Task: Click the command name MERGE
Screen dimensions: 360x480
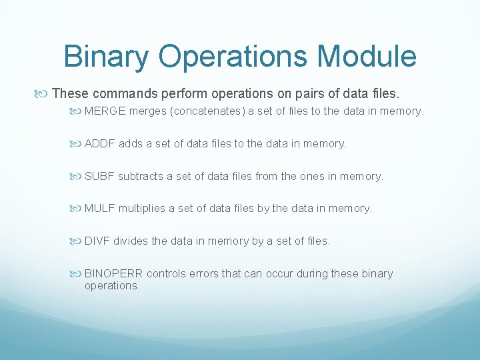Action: (105, 111)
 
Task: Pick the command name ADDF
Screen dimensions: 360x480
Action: (99, 143)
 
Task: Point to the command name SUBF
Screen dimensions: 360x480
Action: (99, 176)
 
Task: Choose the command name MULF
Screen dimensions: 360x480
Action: (100, 209)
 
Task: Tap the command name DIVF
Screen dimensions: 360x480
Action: (97, 241)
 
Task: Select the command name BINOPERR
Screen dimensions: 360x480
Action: (114, 273)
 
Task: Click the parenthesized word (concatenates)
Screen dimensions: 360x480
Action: (210, 111)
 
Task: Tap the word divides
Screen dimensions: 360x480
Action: (131, 241)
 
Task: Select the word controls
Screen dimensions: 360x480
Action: (166, 273)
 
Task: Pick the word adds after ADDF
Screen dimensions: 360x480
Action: (131, 143)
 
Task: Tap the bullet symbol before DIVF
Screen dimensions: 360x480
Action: (77, 241)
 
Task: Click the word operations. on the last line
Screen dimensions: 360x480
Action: (112, 286)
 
